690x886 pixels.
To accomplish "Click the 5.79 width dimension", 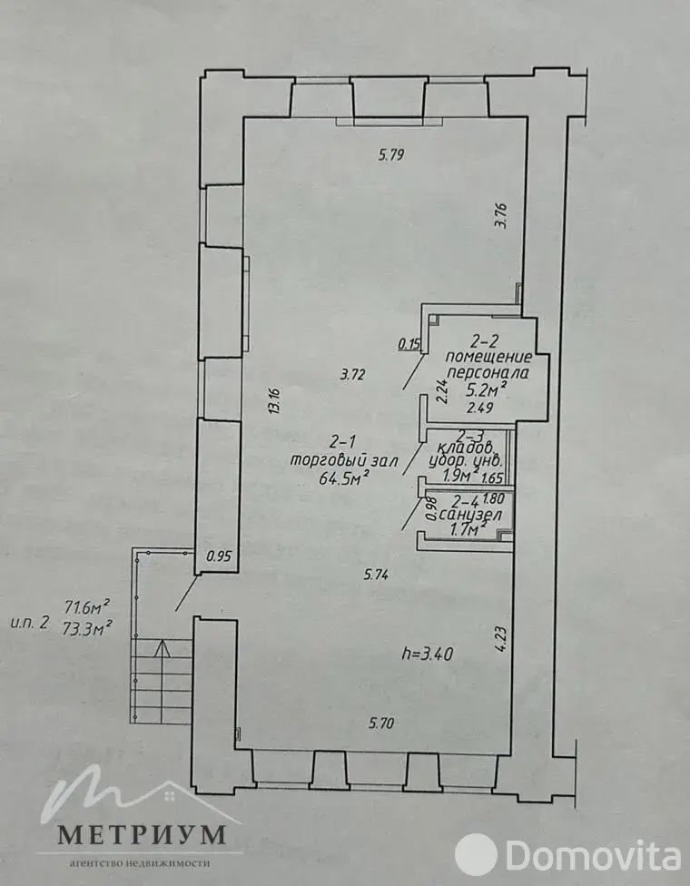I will tap(390, 154).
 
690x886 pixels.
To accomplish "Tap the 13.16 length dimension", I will tap(272, 400).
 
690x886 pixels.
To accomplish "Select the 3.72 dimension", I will tap(352, 374).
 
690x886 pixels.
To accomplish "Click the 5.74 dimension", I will tap(377, 574).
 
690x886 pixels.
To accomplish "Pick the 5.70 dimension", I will tap(381, 724).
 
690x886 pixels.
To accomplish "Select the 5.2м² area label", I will tap(485, 390).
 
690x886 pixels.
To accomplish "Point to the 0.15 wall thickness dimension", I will tap(410, 343).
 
